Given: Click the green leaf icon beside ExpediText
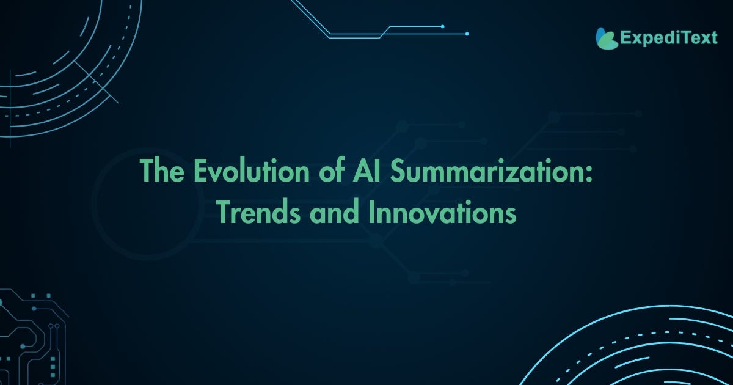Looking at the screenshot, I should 607,38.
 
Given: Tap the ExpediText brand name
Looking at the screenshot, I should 668,38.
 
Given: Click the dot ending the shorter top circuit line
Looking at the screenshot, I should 442,26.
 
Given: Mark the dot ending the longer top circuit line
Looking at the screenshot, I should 467,34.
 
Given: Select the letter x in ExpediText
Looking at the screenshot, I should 635,39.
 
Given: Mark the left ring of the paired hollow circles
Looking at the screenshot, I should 51,326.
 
